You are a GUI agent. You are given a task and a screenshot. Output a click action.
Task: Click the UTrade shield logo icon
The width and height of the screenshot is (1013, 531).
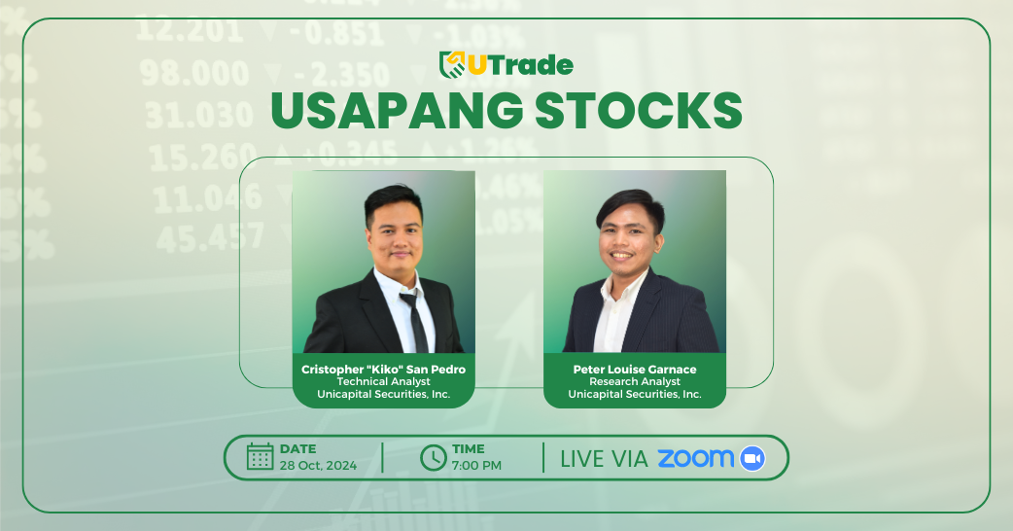coord(452,64)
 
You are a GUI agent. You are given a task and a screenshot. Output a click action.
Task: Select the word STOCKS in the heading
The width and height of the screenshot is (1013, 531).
coord(639,111)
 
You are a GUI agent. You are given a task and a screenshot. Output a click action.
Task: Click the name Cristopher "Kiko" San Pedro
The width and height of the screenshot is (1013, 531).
coord(384,370)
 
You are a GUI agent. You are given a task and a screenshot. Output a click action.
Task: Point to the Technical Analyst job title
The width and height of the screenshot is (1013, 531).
coord(384,382)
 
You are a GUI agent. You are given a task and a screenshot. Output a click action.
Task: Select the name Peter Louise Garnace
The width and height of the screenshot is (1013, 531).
coord(635,370)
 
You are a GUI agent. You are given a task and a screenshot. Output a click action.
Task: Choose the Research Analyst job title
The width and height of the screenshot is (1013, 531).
coord(635,382)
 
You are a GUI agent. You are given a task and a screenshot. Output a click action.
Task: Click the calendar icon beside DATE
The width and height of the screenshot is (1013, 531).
coord(261,457)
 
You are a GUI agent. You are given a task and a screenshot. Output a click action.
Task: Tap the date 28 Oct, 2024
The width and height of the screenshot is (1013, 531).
coord(318,466)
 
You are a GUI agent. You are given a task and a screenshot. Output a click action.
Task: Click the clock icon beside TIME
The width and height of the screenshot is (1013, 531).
coord(434,457)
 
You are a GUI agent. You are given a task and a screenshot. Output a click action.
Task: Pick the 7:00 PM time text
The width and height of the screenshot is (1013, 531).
coord(476,466)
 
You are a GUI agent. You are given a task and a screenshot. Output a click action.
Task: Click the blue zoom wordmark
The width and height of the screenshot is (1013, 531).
coord(696,458)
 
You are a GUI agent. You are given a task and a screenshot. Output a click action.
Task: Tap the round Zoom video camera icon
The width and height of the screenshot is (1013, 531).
coord(752,458)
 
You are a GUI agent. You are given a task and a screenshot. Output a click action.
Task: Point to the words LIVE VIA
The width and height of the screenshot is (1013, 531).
coord(604,459)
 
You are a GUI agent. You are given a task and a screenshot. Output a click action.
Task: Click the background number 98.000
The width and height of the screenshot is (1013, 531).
coord(194,73)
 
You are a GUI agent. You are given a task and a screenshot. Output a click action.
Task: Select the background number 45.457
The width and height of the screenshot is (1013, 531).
coord(211,237)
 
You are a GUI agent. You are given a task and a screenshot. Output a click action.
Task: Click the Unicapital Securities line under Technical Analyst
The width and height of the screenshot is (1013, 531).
coord(384,394)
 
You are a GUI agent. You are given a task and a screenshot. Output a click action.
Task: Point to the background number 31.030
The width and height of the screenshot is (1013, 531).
coord(199,115)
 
